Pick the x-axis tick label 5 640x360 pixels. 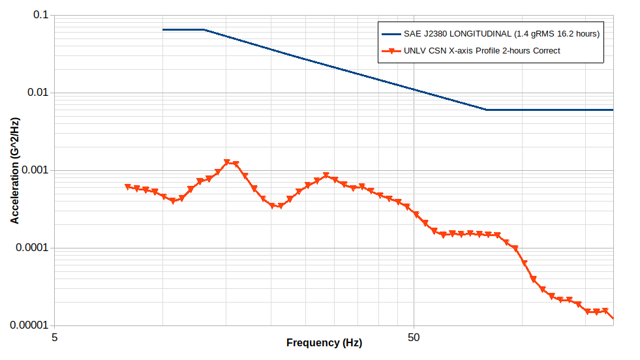point(54,338)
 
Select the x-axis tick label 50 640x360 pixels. point(414,338)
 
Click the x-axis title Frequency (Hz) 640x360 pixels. point(324,343)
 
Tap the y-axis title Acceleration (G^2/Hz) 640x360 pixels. point(14,170)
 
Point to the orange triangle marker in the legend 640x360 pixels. point(390,51)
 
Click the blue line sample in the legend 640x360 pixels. point(390,33)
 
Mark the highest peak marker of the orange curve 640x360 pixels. point(227,162)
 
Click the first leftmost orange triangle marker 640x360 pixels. point(128,187)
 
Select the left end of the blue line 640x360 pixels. point(163,29)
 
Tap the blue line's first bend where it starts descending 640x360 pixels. point(204,29)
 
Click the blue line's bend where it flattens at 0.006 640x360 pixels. point(486,110)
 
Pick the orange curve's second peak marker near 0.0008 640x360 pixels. point(326,175)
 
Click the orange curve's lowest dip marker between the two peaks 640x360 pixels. point(281,206)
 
